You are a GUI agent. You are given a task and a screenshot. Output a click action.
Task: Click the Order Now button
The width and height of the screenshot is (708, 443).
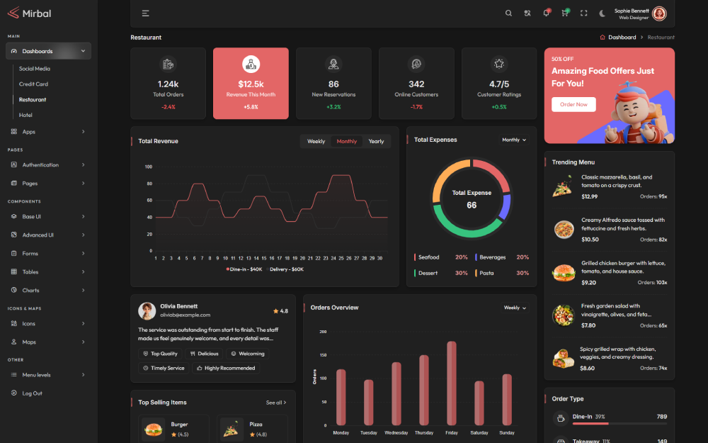[573, 105]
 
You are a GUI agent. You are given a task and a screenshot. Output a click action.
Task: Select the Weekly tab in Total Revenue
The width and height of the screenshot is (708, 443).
[316, 141]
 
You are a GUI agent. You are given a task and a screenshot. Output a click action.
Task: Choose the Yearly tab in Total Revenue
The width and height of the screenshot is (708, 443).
[376, 141]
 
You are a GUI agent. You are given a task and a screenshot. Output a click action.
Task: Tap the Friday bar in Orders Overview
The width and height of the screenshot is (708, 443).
[452, 383]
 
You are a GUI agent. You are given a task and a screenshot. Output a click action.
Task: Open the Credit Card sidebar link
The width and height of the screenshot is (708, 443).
[33, 84]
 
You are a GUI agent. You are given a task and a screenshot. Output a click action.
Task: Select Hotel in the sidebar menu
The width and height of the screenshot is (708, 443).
[25, 115]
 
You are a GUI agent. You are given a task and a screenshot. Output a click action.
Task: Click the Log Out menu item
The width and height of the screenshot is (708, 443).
[32, 393]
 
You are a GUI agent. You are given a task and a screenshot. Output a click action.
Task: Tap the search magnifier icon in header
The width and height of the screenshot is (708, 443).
[508, 13]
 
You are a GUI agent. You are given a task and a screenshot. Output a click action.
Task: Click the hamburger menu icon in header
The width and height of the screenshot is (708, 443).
[145, 13]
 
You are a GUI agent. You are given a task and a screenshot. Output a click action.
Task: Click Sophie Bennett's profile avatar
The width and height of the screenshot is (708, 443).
[659, 13]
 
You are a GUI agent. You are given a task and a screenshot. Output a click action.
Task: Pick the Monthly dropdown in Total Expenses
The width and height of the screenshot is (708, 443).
[514, 140]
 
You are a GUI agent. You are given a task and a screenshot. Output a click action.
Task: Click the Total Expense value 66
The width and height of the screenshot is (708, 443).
[472, 206]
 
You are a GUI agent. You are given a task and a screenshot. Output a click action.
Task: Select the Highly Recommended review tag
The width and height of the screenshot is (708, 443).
[226, 369]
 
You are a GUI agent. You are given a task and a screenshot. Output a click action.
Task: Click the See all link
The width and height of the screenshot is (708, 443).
[276, 403]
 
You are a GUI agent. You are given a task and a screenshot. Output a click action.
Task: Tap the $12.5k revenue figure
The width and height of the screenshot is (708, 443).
[251, 84]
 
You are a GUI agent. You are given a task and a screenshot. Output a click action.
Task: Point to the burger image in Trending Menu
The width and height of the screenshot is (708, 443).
[564, 273]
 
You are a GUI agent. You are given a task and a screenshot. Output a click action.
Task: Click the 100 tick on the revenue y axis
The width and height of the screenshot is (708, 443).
[149, 167]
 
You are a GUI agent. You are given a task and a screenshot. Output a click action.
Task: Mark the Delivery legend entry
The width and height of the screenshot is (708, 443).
[285, 269]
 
